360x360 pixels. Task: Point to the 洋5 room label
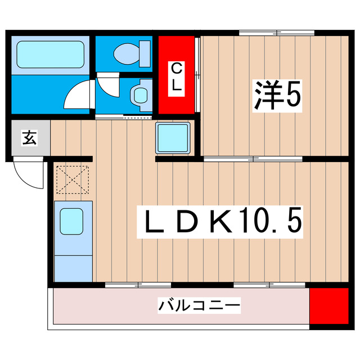pos(277,96)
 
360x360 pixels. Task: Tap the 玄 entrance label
pos(29,137)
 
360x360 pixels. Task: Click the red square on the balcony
pos(329,307)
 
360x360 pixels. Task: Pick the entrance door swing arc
pos(28,174)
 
